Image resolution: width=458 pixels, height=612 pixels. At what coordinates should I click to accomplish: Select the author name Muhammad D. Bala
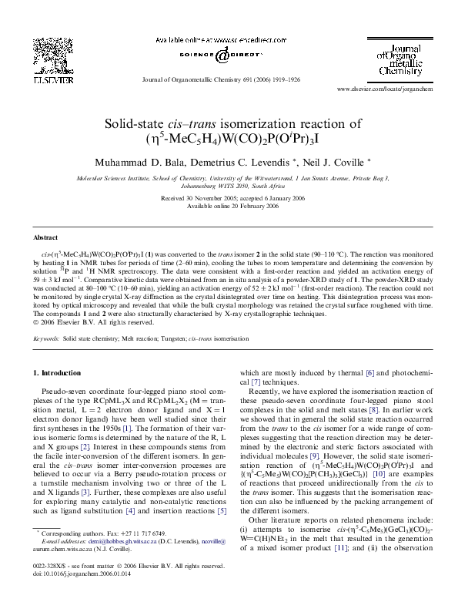coord(135,163)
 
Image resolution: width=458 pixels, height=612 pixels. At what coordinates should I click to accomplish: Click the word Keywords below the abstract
coord(46,338)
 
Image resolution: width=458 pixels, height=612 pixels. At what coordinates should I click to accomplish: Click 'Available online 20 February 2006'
coord(229,206)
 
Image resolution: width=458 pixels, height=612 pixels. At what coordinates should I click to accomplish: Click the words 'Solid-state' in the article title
coord(136,123)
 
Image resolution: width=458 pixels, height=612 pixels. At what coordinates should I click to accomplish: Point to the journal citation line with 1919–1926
coord(229,79)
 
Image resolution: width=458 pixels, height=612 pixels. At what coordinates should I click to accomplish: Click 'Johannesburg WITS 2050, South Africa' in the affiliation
coord(229,187)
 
